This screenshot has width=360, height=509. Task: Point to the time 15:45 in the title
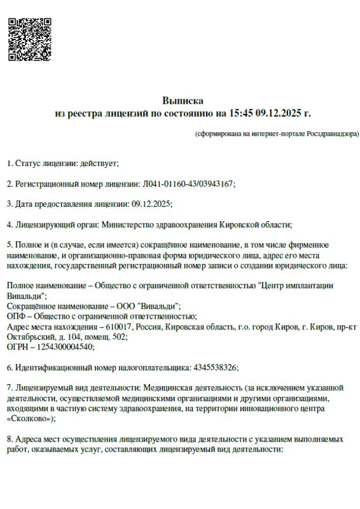(241, 113)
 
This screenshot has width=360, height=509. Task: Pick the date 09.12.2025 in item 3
(151, 204)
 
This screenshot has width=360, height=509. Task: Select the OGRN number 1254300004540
(64, 347)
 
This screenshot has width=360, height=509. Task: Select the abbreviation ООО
(129, 306)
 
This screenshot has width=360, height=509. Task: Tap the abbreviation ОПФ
(16, 316)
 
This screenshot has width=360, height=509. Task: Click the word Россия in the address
(148, 326)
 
